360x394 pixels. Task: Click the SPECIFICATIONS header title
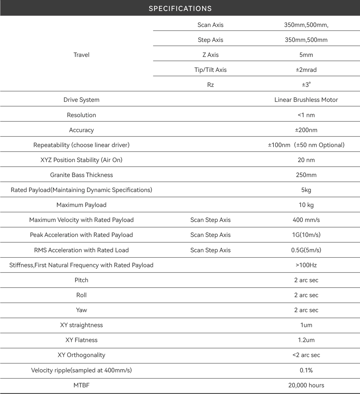point(180,8)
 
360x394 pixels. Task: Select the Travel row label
point(81,55)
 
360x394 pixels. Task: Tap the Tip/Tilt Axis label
point(210,70)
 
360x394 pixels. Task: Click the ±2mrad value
point(306,70)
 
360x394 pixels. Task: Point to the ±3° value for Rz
point(306,85)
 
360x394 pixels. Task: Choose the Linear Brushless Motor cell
point(306,100)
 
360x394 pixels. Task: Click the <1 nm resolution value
point(306,115)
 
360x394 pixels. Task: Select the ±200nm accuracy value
point(306,130)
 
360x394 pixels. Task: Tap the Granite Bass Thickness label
point(81,175)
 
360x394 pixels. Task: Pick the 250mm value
point(306,175)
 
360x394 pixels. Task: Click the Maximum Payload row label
point(81,205)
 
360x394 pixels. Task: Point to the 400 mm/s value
point(306,220)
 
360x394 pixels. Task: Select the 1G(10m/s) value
point(306,235)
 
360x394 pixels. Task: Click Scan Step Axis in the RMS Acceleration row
point(210,250)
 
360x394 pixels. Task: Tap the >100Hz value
point(306,265)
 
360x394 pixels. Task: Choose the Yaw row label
point(81,310)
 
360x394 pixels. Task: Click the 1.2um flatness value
point(306,340)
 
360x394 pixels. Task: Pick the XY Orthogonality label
point(81,355)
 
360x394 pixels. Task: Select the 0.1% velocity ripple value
point(306,370)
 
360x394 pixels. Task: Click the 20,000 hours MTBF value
point(306,385)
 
